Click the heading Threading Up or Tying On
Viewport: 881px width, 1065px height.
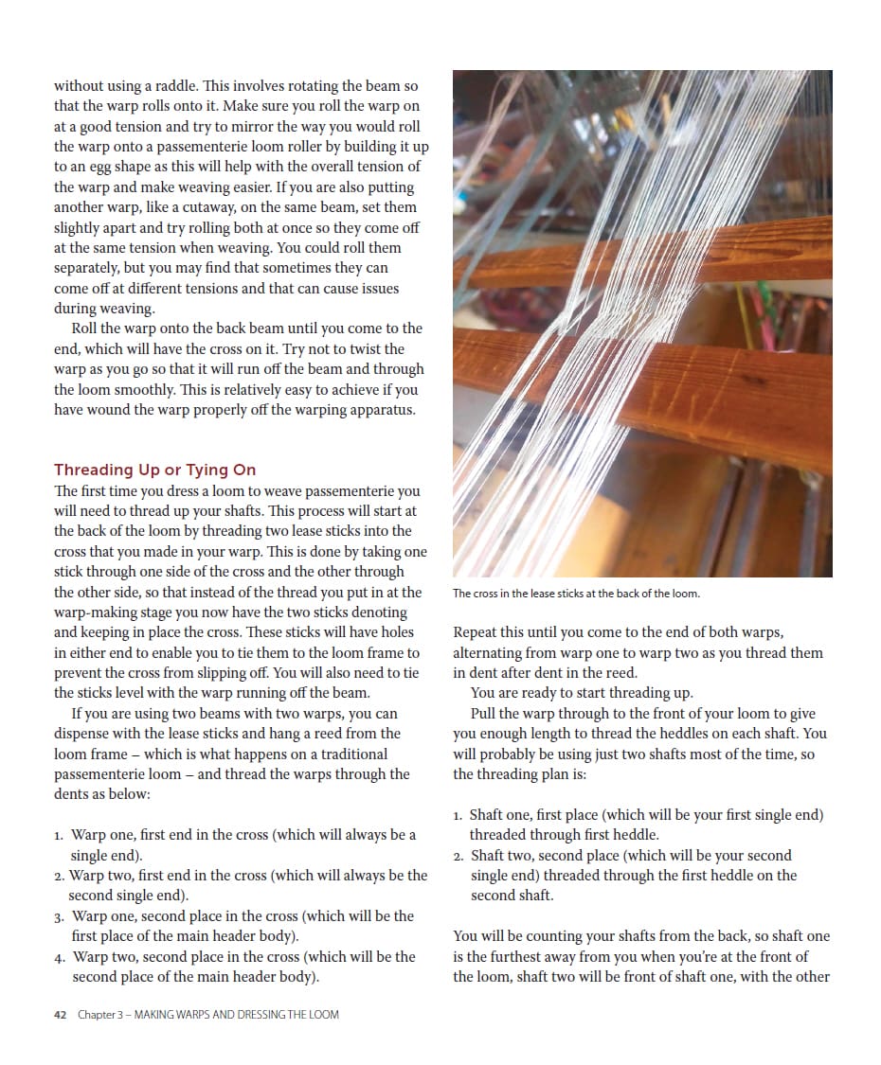coord(154,470)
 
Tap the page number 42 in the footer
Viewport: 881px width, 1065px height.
coord(60,1015)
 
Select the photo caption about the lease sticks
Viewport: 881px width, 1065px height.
coord(576,594)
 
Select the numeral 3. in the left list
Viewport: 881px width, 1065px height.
coord(59,917)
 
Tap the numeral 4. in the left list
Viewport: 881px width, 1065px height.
coord(59,958)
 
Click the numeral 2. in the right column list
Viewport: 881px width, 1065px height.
coord(458,857)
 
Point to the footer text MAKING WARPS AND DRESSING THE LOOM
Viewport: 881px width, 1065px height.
coord(237,1015)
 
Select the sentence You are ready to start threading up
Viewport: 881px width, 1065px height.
coord(582,693)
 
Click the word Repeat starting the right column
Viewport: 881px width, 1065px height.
coord(476,632)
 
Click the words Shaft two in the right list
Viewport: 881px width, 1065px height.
coord(502,856)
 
